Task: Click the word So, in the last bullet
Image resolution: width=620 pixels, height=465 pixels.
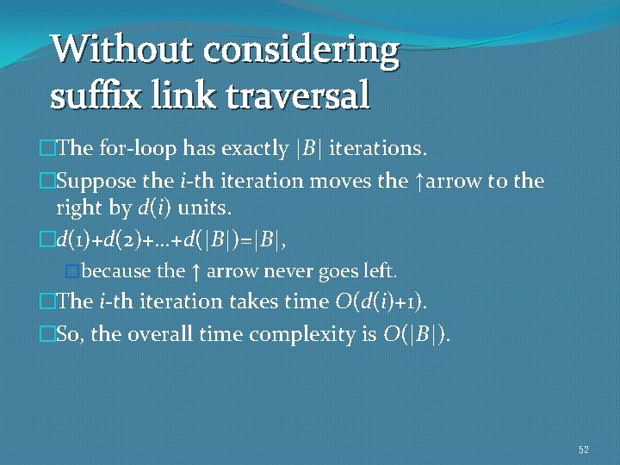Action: [69, 334]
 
